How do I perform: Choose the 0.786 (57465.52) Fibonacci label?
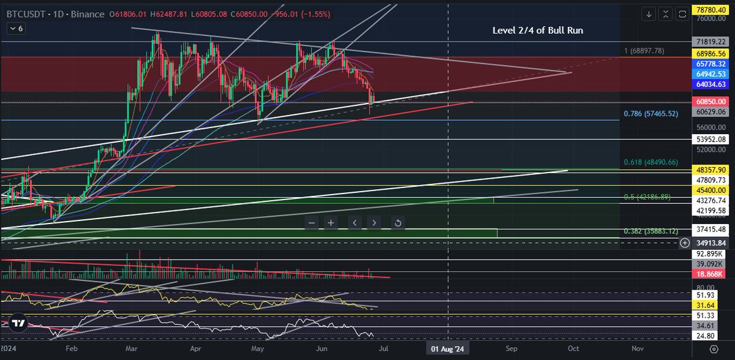pos(650,113)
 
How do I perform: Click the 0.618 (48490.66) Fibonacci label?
pos(650,162)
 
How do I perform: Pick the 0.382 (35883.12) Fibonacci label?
pos(650,231)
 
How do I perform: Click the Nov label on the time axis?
pos(638,348)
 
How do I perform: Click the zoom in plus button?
pos(331,223)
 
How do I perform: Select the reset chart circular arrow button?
pos(398,223)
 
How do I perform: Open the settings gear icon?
pos(714,348)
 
